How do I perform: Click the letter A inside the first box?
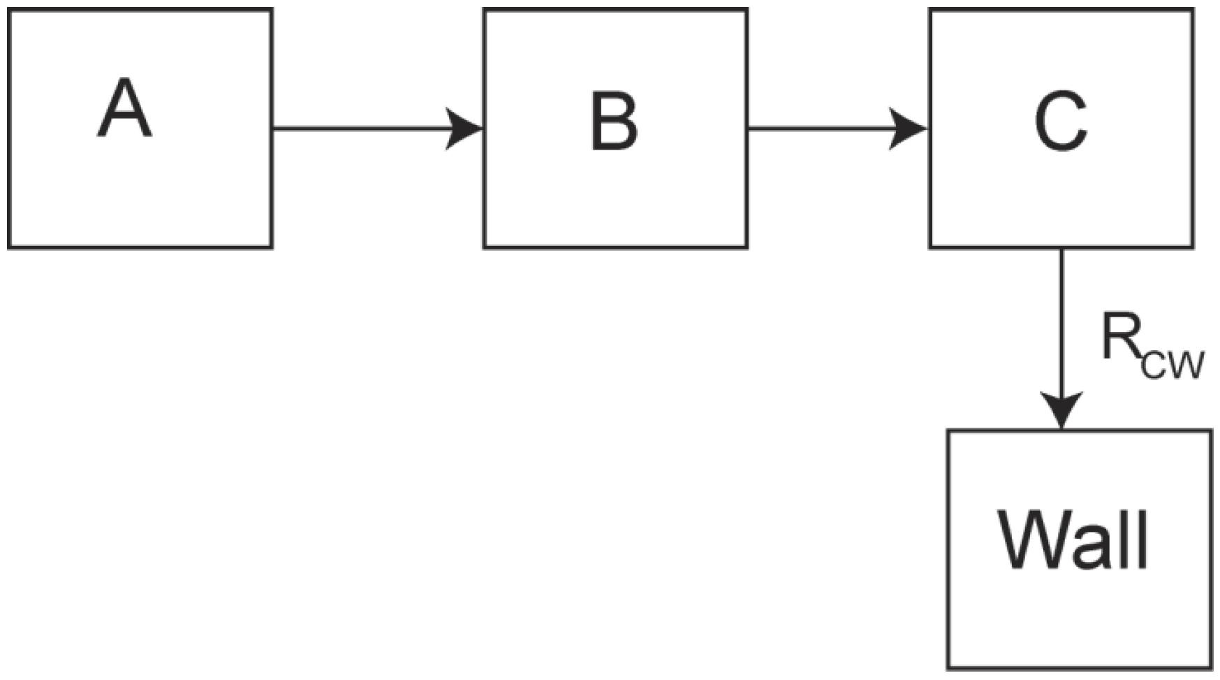[x=124, y=108]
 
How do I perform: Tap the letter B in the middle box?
[x=614, y=122]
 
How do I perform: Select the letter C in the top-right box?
[x=1060, y=122]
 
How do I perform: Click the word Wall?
[x=1074, y=541]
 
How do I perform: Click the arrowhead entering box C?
[x=909, y=129]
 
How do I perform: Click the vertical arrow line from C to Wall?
[x=1061, y=339]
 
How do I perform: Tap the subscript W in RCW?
[x=1186, y=366]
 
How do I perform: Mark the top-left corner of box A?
[x=8, y=10]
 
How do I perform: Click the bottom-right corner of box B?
[x=747, y=247]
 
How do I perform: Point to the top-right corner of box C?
[x=1193, y=10]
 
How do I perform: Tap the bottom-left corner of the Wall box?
[x=948, y=667]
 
